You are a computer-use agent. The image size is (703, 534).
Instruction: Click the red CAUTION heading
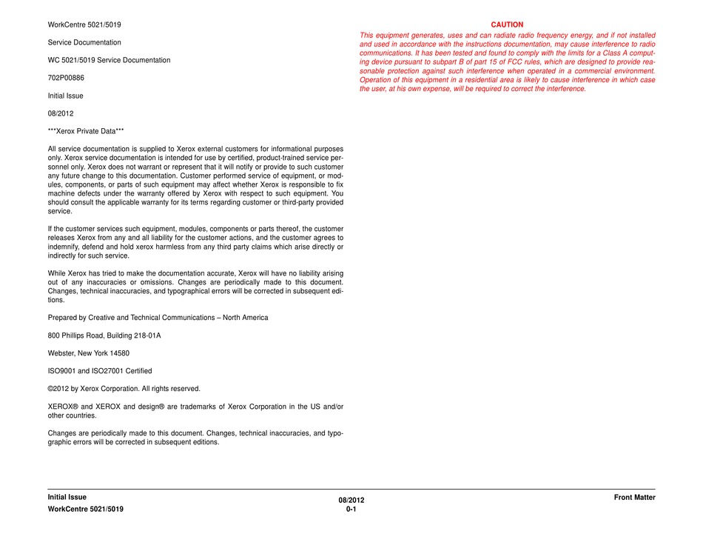pos(507,24)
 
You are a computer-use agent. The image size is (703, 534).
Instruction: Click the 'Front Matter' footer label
pos(634,498)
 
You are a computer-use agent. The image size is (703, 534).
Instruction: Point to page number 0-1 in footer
pos(351,510)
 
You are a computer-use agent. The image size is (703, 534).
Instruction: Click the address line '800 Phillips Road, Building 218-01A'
pos(104,336)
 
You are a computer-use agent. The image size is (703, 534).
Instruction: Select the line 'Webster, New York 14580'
pos(88,353)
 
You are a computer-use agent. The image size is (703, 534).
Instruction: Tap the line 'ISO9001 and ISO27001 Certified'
pos(100,371)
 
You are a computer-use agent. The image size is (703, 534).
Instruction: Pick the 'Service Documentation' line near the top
pos(84,42)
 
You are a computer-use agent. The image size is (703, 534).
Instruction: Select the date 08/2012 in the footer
pos(351,501)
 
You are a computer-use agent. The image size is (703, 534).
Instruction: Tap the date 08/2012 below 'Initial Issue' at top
pos(60,113)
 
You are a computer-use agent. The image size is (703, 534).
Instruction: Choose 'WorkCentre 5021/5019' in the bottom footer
pos(85,510)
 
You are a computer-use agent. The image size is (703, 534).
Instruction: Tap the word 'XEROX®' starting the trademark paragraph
pos(62,407)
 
